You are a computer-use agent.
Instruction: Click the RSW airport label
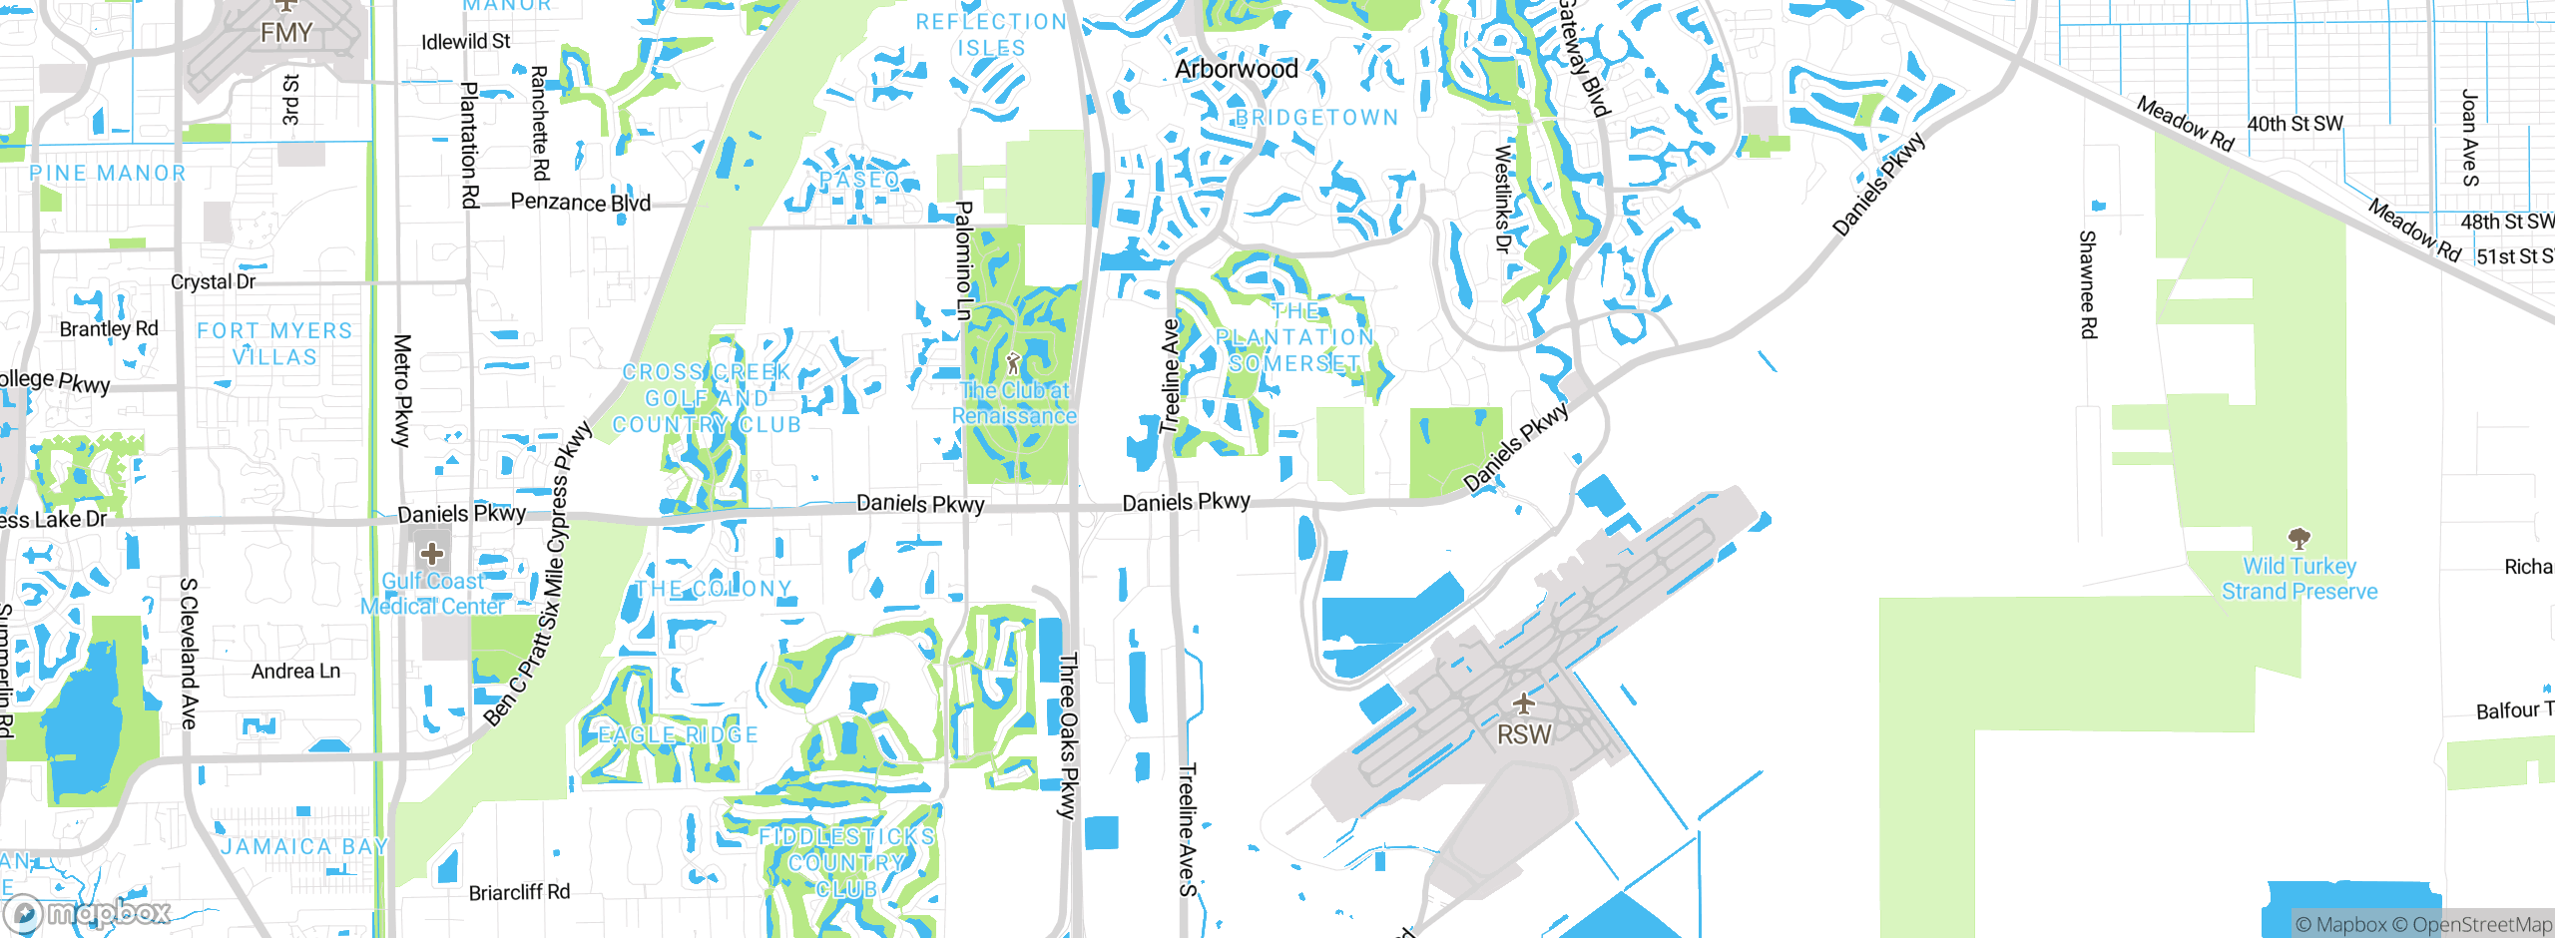tap(1524, 734)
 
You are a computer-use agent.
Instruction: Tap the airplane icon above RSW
tap(1523, 704)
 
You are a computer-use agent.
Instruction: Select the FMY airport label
tap(286, 33)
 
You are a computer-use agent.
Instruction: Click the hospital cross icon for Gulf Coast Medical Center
tap(432, 553)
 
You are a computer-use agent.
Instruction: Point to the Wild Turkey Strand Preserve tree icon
tap(2299, 540)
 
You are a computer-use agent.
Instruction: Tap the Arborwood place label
tap(1237, 69)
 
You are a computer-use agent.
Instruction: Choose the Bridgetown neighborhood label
tap(1316, 118)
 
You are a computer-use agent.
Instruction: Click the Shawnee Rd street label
tap(2087, 284)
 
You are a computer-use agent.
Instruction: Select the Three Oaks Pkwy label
tap(1068, 735)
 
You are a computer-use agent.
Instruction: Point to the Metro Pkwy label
tap(402, 390)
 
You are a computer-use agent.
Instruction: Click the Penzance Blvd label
tap(580, 203)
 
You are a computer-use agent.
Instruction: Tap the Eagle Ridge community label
tap(679, 735)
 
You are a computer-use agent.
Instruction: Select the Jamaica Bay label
tap(304, 847)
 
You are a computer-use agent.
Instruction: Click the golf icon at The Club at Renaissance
tap(1014, 362)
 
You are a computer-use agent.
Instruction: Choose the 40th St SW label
tap(2295, 124)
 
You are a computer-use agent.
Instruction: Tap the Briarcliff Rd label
tap(519, 892)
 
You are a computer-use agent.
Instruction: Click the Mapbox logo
tap(88, 912)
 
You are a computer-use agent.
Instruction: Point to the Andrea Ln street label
tap(295, 672)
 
